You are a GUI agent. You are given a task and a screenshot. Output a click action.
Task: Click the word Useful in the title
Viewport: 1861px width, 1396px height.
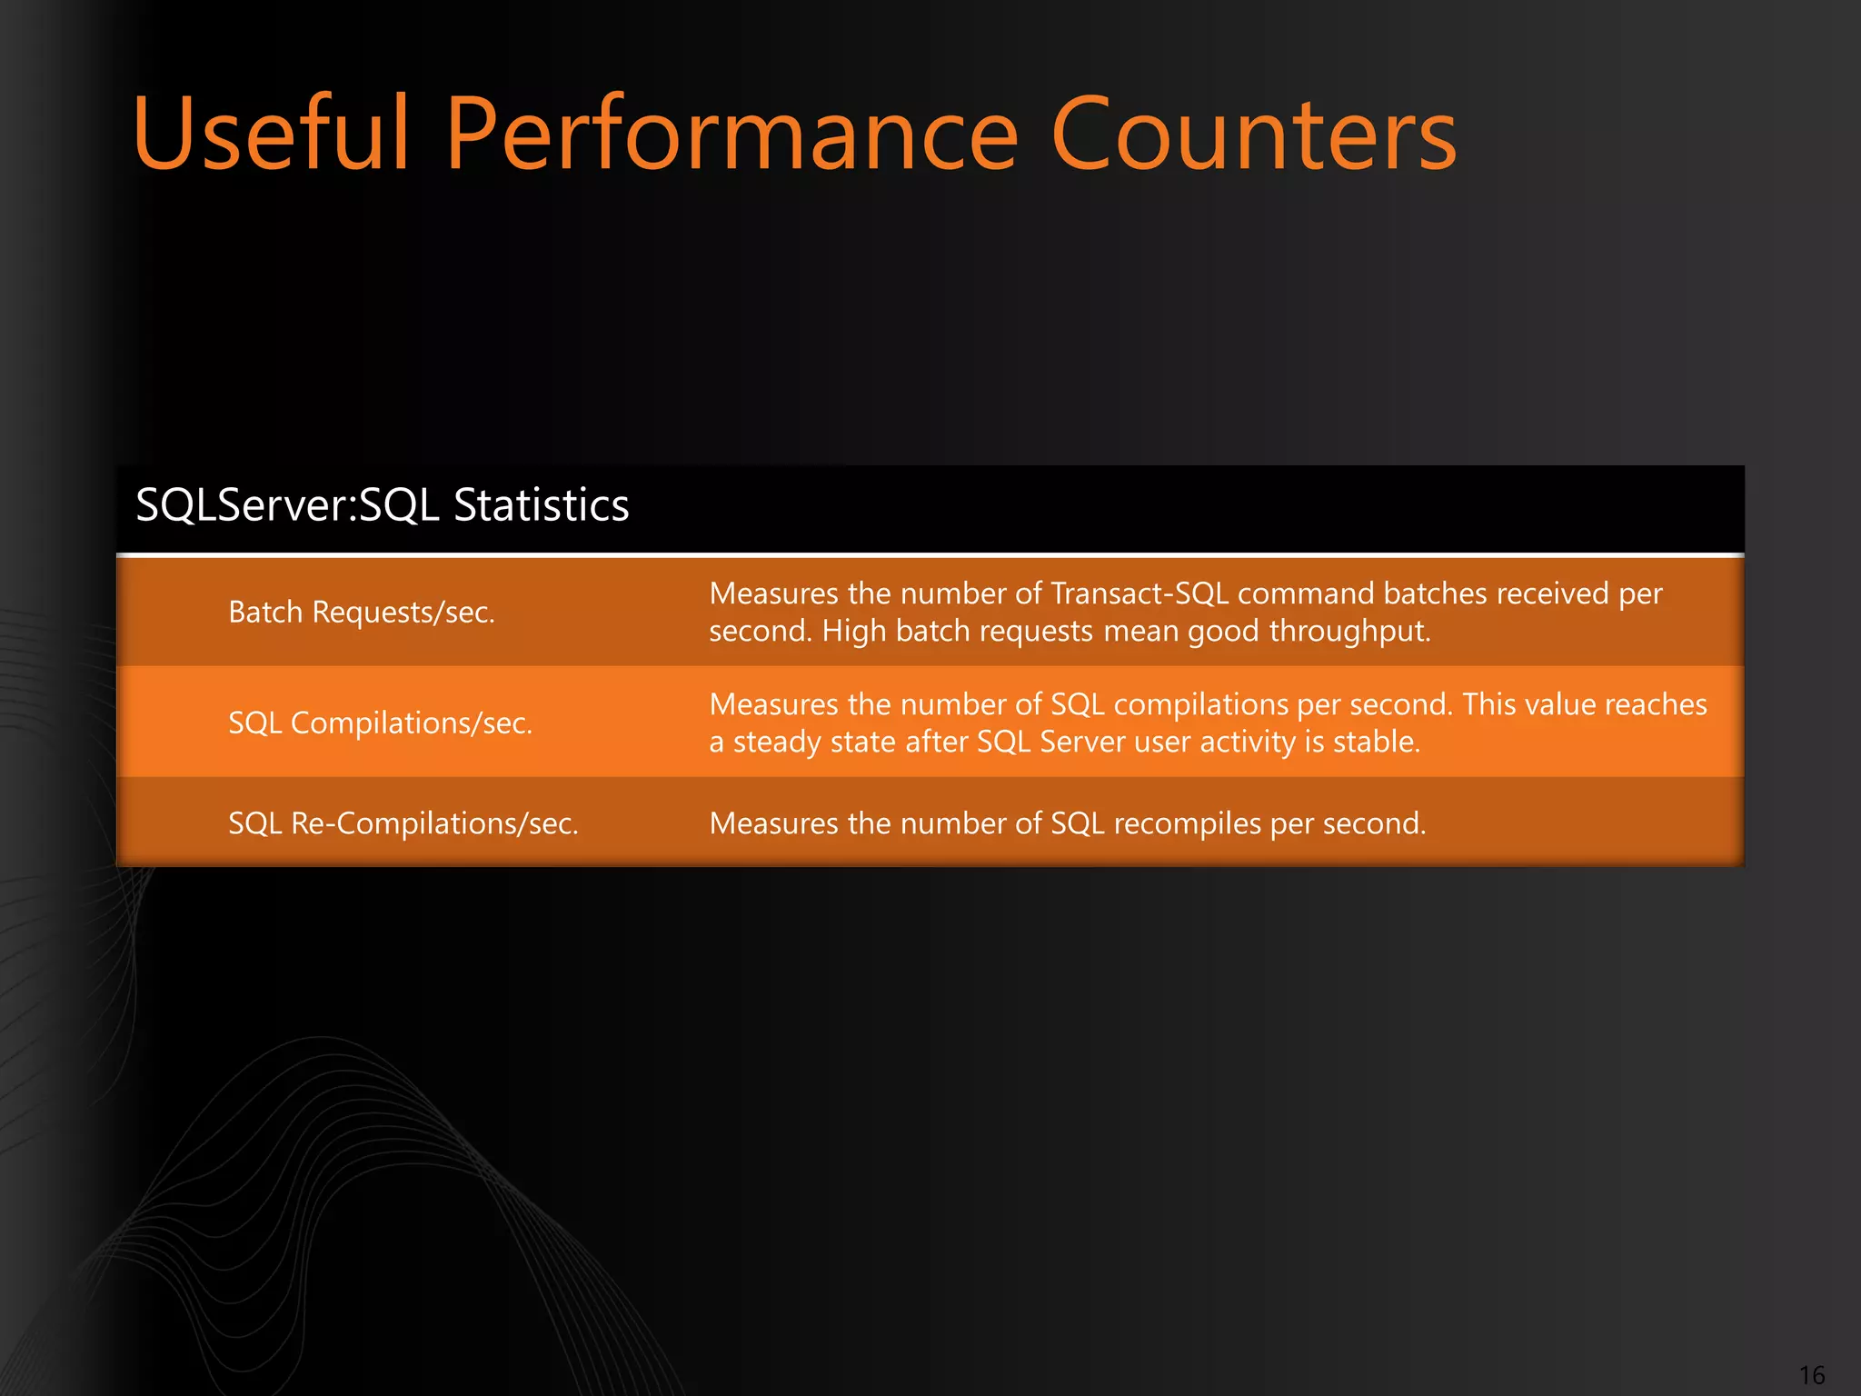pyautogui.click(x=270, y=134)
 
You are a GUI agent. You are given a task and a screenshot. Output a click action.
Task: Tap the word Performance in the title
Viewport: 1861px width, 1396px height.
pyautogui.click(x=731, y=134)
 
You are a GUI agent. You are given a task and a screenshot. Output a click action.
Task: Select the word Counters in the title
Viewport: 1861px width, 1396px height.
pyautogui.click(x=1253, y=134)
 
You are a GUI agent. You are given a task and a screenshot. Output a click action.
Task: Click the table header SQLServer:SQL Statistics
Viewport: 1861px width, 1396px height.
pyautogui.click(x=382, y=505)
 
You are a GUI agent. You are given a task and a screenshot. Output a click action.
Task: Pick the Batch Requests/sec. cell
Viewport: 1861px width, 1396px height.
pyautogui.click(x=362, y=613)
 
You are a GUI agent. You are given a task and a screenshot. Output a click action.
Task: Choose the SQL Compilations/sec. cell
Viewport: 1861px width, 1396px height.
pyautogui.click(x=380, y=723)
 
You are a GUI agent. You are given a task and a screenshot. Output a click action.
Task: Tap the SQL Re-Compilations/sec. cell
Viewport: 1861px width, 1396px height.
pyautogui.click(x=403, y=823)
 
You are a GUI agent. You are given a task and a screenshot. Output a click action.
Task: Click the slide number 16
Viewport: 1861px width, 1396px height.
pyautogui.click(x=1811, y=1375)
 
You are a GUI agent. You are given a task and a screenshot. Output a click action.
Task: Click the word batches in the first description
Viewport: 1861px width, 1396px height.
pyautogui.click(x=1435, y=593)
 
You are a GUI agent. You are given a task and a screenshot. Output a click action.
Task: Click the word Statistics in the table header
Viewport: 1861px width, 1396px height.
pyautogui.click(x=541, y=505)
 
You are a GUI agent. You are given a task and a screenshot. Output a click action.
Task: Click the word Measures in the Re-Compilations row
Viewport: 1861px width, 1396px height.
pyautogui.click(x=773, y=823)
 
